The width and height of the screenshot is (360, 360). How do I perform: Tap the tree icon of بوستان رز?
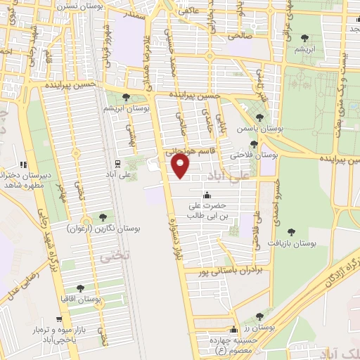260,317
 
